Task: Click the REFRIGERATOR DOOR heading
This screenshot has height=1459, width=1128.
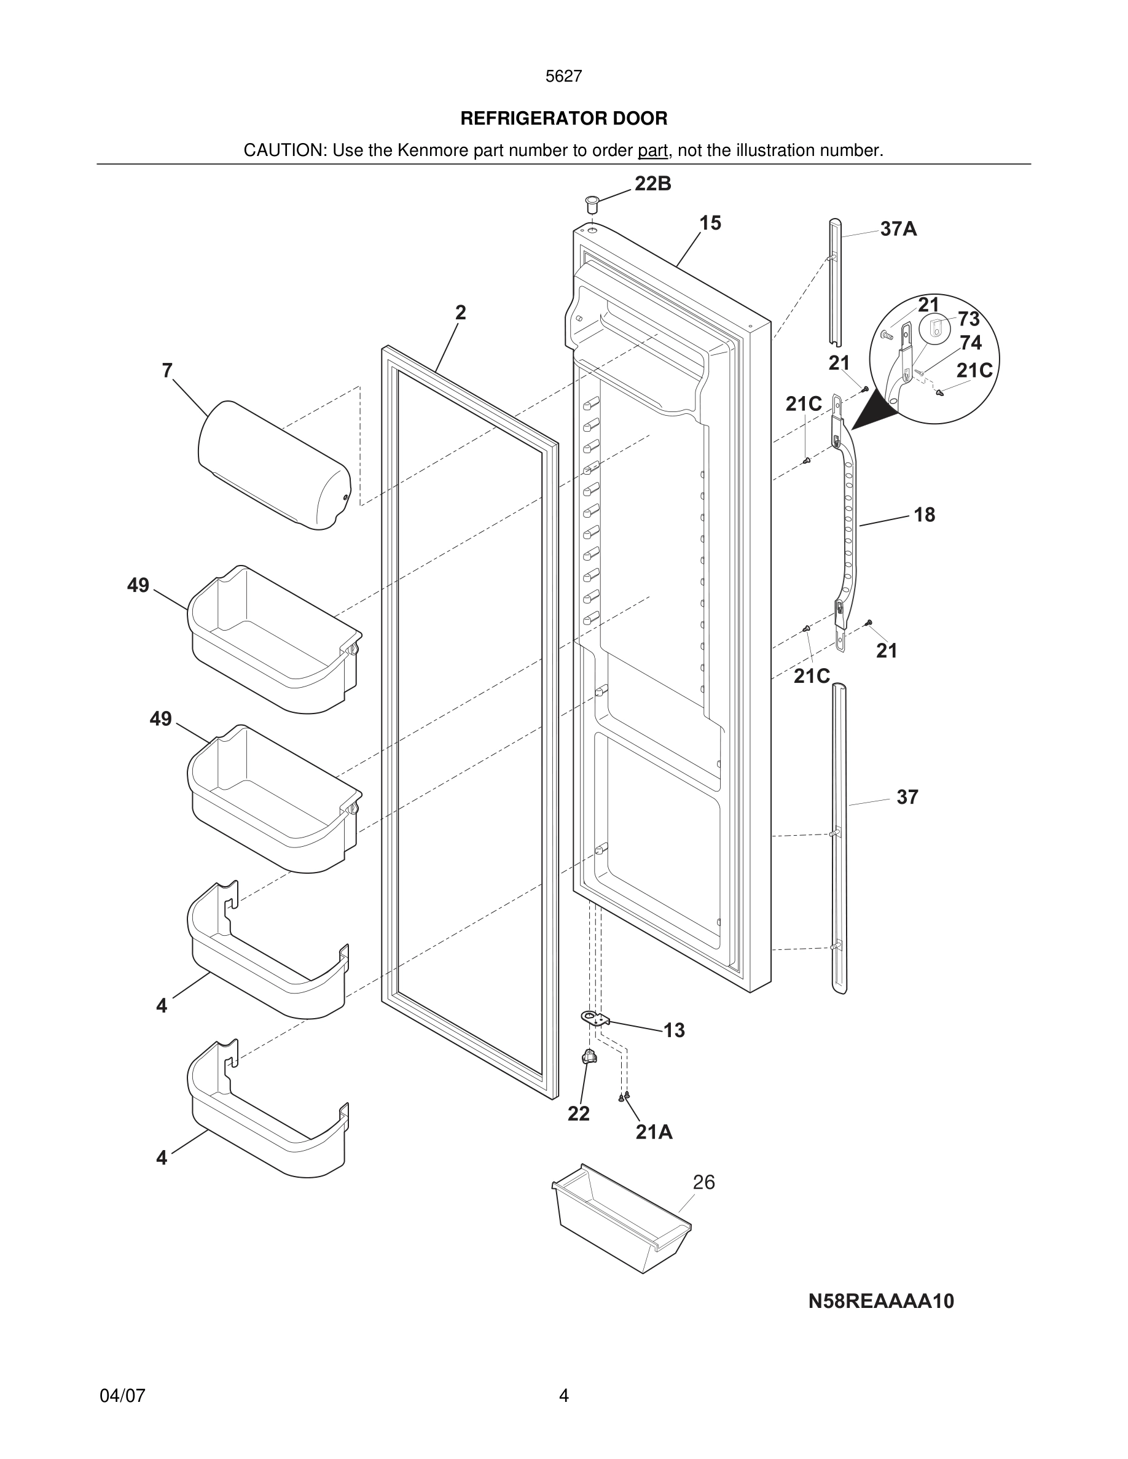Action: [563, 119]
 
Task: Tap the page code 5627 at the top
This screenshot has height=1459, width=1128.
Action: [563, 77]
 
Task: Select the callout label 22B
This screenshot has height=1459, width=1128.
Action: [652, 184]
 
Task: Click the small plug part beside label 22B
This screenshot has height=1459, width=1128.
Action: [592, 203]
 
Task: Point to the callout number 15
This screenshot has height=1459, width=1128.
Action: [710, 223]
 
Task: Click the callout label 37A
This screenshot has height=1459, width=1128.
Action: [898, 229]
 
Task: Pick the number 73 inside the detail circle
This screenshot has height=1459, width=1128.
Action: [968, 319]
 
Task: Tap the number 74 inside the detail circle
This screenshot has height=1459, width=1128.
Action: [970, 343]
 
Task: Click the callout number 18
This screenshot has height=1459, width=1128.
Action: [924, 515]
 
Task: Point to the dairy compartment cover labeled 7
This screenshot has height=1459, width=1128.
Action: [274, 465]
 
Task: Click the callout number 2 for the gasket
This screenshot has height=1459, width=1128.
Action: [460, 312]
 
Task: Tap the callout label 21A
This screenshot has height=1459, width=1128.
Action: [654, 1132]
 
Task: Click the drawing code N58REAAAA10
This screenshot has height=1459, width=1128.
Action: [881, 1301]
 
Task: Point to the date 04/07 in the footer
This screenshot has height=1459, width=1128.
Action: [122, 1395]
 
